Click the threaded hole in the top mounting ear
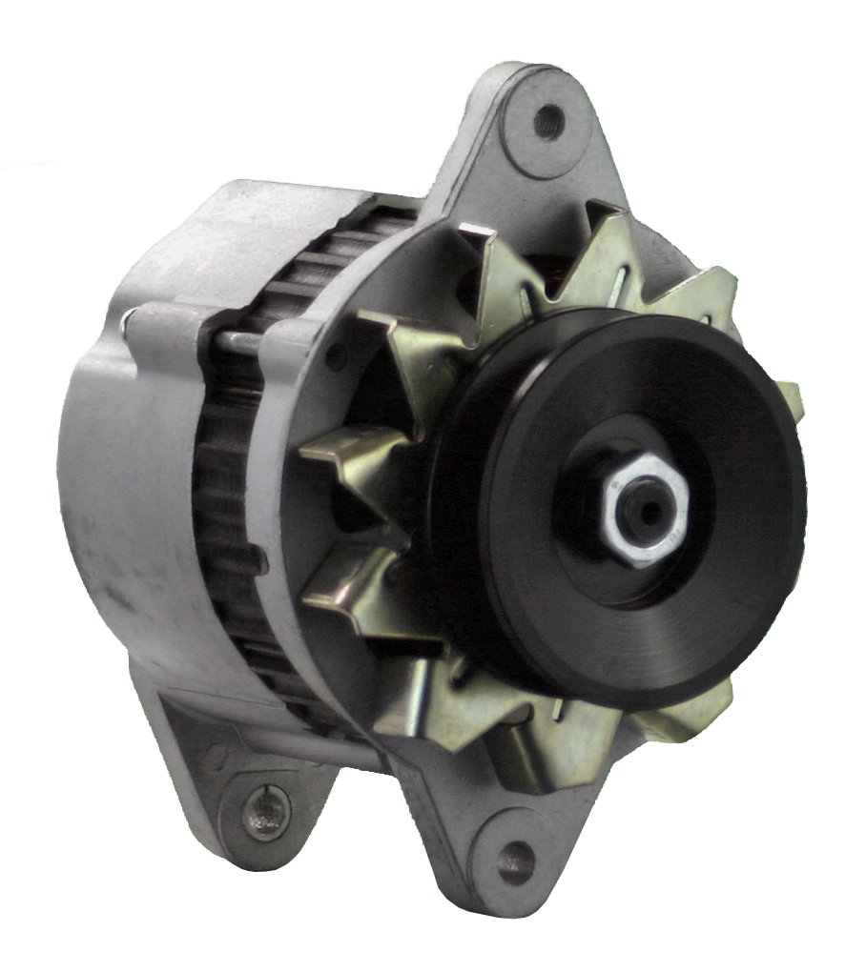[x=547, y=120]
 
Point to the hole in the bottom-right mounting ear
[x=515, y=852]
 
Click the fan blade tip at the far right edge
[x=790, y=400]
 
